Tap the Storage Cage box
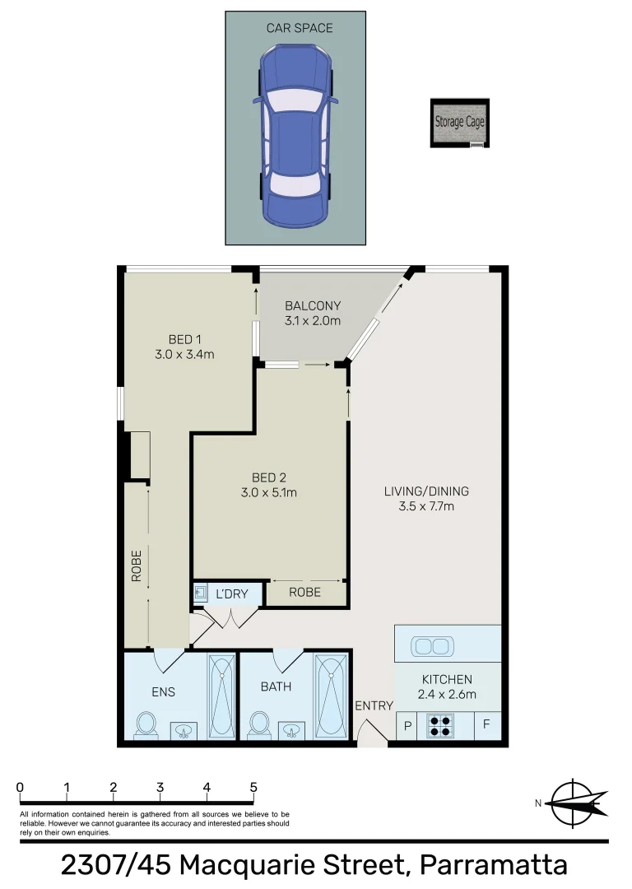point(459,123)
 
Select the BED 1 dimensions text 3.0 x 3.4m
point(184,355)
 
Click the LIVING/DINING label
point(426,491)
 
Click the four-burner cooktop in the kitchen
point(440,726)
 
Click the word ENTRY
point(374,705)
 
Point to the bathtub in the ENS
point(221,696)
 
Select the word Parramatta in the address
point(493,866)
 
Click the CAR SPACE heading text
point(300,28)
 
